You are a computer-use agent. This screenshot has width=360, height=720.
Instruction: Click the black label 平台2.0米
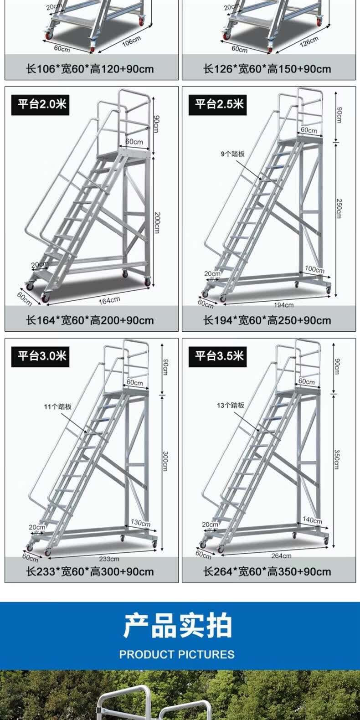pyautogui.click(x=41, y=105)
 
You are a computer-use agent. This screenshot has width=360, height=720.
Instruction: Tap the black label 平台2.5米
pyautogui.click(x=218, y=105)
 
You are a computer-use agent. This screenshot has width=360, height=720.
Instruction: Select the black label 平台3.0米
pyautogui.click(x=41, y=356)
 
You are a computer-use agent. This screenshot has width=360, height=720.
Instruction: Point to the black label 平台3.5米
pyautogui.click(x=218, y=356)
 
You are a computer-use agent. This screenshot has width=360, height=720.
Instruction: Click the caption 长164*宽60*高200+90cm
pyautogui.click(x=90, y=320)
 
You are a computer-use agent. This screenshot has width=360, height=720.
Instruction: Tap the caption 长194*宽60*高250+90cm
pyautogui.click(x=267, y=320)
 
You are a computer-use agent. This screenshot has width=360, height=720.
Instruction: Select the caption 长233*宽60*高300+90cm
pyautogui.click(x=90, y=571)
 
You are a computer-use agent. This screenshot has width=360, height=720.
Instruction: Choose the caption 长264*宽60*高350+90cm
pyautogui.click(x=267, y=571)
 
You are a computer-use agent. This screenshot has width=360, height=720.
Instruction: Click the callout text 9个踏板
pyautogui.click(x=233, y=154)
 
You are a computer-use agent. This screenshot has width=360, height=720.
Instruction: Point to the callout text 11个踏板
pyautogui.click(x=58, y=406)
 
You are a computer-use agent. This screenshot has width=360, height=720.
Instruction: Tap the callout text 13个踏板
pyautogui.click(x=231, y=405)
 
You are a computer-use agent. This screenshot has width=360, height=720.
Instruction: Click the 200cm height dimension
pyautogui.click(x=157, y=222)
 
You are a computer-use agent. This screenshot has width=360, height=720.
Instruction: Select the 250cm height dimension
pyautogui.click(x=339, y=209)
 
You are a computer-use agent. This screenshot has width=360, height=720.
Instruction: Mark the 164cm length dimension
pyautogui.click(x=109, y=301)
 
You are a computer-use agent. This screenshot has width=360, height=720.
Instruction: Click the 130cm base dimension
pyautogui.click(x=140, y=522)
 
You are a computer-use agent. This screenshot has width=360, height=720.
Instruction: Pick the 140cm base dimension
pyautogui.click(x=312, y=520)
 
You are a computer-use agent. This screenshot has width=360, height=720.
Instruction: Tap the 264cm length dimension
pyautogui.click(x=281, y=555)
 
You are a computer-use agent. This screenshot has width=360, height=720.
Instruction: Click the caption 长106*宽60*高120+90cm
pyautogui.click(x=90, y=69)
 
